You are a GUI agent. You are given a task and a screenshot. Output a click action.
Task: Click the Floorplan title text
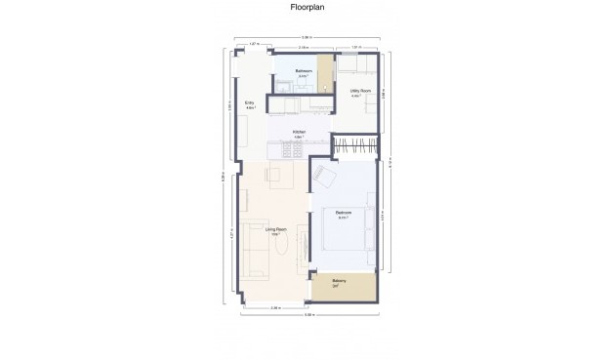(307, 8)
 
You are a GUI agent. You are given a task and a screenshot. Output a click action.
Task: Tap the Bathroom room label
(305, 72)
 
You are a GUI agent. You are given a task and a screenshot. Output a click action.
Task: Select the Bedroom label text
(344, 214)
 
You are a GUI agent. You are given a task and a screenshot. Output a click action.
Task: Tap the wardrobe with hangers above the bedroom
(354, 146)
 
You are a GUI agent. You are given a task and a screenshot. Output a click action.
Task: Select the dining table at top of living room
(274, 176)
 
